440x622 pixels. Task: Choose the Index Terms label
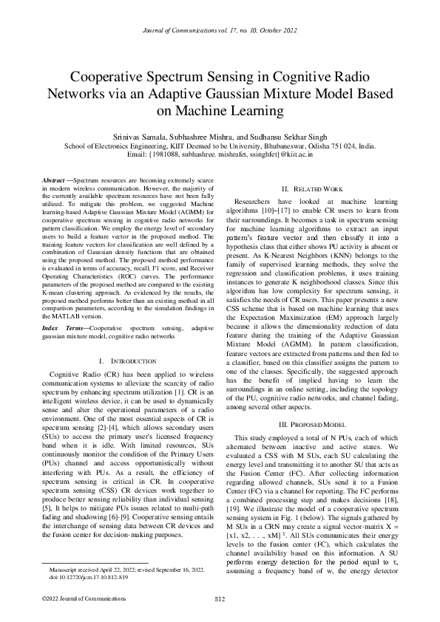click(60, 327)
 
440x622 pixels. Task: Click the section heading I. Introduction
click(126, 361)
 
